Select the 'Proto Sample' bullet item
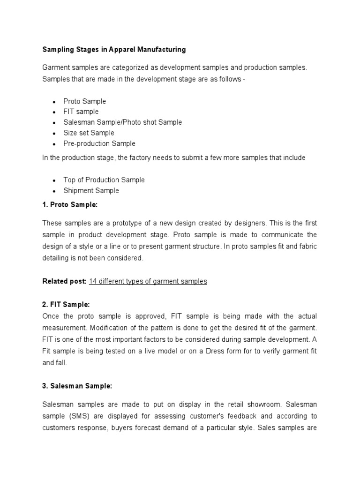tap(85, 101)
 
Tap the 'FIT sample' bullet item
tap(81, 112)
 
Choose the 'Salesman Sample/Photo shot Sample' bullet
tap(123, 122)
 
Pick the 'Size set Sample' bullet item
tap(89, 133)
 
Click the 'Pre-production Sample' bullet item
tap(99, 143)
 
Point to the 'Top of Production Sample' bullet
tap(104, 180)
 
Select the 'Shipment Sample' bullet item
tap(91, 190)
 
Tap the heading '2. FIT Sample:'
tap(66, 304)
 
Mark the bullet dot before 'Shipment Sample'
tap(54, 191)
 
